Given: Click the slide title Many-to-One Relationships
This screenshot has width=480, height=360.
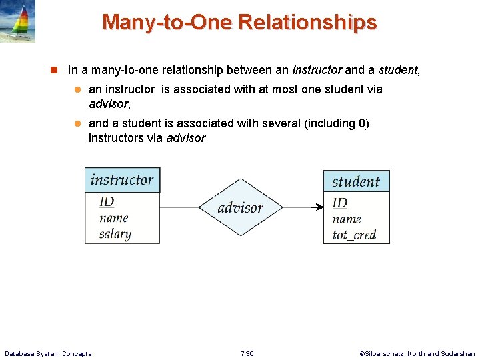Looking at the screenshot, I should pos(239,23).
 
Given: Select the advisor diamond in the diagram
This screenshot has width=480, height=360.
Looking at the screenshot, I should pos(241,207).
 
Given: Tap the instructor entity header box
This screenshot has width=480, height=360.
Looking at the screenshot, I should pos(122,180).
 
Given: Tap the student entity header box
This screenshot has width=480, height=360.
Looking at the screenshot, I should pos(356,181).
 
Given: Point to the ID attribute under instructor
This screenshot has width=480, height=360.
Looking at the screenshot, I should pos(107,202).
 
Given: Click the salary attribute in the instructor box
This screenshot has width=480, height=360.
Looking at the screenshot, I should pos(115,234).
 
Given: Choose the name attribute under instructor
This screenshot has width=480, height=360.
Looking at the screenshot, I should pos(113,218).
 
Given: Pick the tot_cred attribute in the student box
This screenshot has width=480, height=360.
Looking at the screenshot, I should pos(354,235).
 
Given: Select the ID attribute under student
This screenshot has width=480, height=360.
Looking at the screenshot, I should pos(340,203).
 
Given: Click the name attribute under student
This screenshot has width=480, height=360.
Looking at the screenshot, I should pos(347,219).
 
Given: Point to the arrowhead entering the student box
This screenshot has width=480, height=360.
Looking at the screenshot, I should pos(319,207).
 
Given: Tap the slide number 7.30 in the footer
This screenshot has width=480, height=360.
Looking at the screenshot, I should pos(247,353).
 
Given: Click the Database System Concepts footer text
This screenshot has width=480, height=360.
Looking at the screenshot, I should pos(48,353).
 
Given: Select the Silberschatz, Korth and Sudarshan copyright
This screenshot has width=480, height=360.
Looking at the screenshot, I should pos(417,353).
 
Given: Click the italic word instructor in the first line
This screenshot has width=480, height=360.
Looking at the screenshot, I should pos(317,69).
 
